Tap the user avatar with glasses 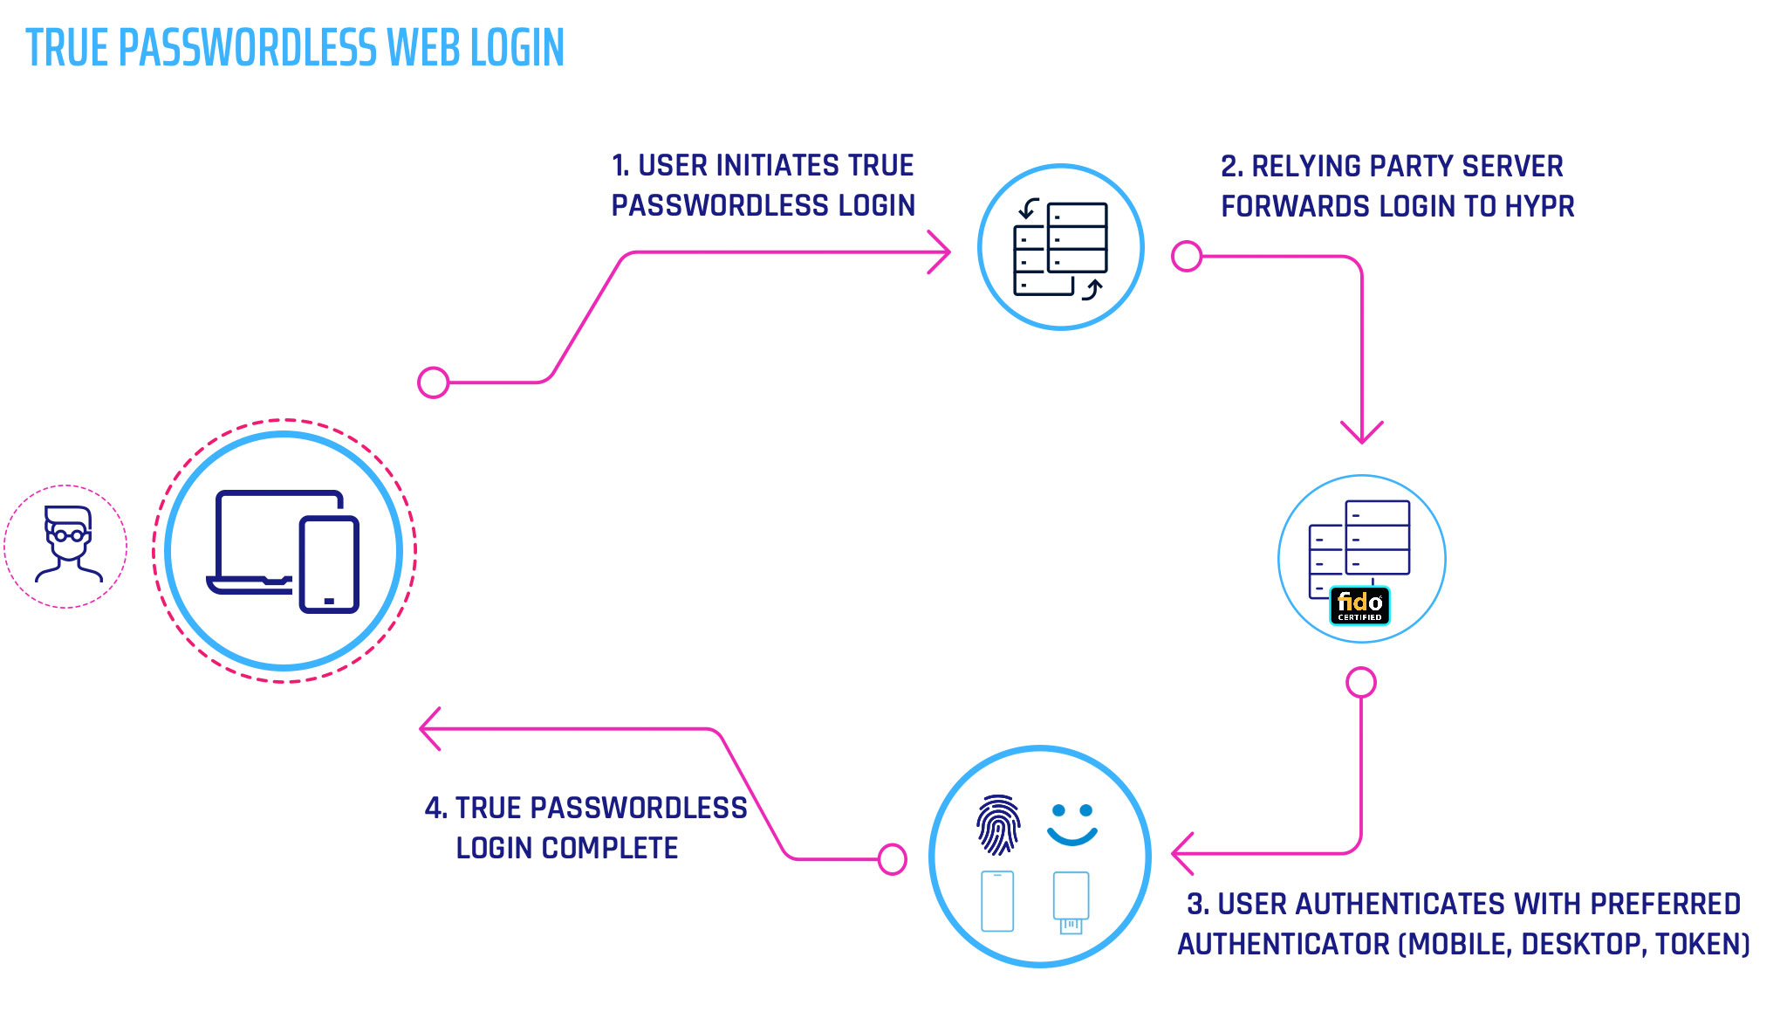pos(67,544)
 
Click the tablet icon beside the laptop pos(329,564)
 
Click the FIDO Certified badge pos(1359,605)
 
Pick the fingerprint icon pos(998,824)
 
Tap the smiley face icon pos(1071,824)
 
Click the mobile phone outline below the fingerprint pos(997,901)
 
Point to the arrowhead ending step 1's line pos(942,252)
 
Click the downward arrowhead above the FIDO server pos(1361,432)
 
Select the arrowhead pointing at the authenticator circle pos(1181,853)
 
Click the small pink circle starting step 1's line pos(434,382)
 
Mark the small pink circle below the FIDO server pos(1361,682)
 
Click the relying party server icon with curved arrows pos(1060,249)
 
